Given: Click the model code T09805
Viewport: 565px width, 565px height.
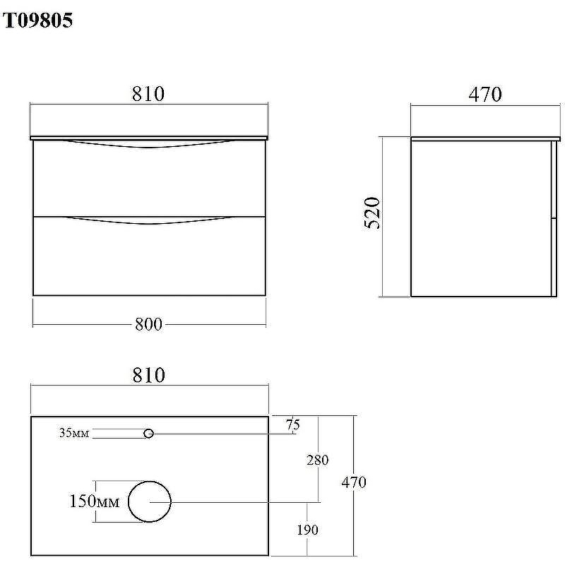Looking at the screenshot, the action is click(x=38, y=20).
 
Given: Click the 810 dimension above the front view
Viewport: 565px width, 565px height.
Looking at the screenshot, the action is click(x=148, y=94).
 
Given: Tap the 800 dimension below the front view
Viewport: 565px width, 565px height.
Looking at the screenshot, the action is click(x=148, y=324).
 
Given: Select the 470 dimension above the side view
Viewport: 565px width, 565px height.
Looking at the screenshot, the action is click(x=485, y=94).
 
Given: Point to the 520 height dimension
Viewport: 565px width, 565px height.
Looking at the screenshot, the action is click(x=372, y=213).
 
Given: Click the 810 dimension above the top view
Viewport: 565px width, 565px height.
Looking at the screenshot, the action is click(x=149, y=375).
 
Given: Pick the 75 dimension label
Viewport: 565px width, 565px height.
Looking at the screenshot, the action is click(x=293, y=424).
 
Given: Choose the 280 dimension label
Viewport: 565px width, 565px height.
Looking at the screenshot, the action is click(x=317, y=460).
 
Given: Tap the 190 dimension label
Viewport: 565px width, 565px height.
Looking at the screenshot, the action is click(x=307, y=530).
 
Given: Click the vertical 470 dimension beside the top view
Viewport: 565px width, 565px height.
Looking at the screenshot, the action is click(x=354, y=482).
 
